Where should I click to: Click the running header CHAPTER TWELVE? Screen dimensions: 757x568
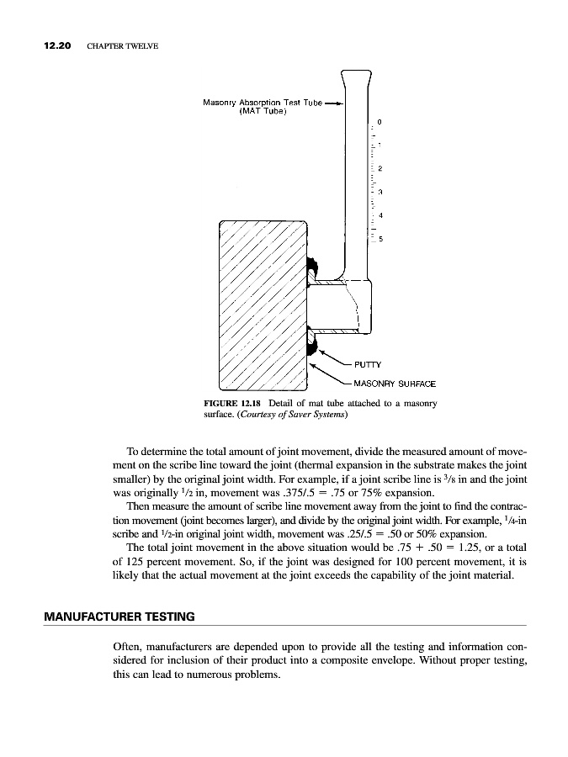[123, 45]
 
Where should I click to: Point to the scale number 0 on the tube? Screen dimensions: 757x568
[380, 122]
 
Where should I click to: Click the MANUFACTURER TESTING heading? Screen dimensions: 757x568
[119, 617]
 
